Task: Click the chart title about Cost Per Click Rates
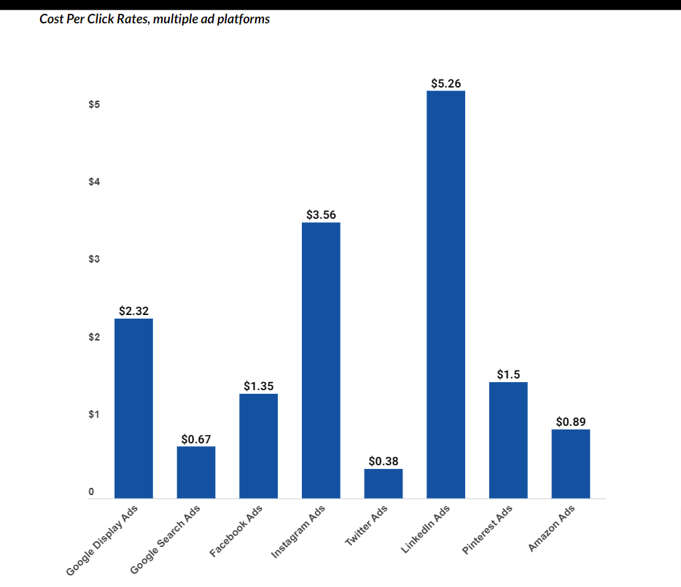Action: pyautogui.click(x=155, y=19)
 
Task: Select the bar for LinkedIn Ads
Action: pyautogui.click(x=445, y=295)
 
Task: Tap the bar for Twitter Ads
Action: pyautogui.click(x=384, y=483)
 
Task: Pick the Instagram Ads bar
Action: pyautogui.click(x=321, y=360)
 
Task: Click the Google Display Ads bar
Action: pyautogui.click(x=133, y=408)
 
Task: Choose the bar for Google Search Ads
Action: pyautogui.click(x=196, y=473)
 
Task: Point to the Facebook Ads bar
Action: pyautogui.click(x=258, y=446)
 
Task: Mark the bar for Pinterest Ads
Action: pyautogui.click(x=508, y=440)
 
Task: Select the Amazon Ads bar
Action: pyautogui.click(x=570, y=464)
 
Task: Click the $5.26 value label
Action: pyautogui.click(x=445, y=84)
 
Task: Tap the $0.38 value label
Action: pyautogui.click(x=384, y=462)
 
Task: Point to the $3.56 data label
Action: pyautogui.click(x=321, y=215)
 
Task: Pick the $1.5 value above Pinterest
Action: pyautogui.click(x=508, y=375)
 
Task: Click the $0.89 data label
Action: pyautogui.click(x=570, y=422)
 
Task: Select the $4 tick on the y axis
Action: pyautogui.click(x=94, y=182)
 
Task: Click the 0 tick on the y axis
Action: pyautogui.click(x=92, y=492)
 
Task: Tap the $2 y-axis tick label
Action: pyautogui.click(x=94, y=337)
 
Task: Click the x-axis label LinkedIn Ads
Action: pyautogui.click(x=425, y=530)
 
